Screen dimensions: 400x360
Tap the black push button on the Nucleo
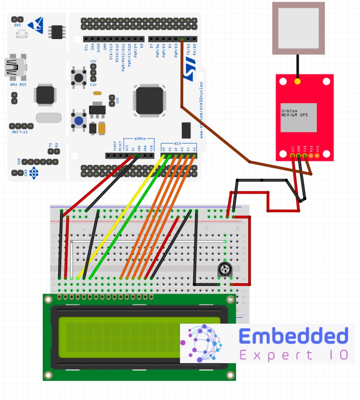click(x=79, y=77)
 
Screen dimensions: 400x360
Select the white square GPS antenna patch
click(x=298, y=28)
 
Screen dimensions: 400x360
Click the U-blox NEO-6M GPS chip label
click(x=298, y=117)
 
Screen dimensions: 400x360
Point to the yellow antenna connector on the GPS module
click(x=297, y=82)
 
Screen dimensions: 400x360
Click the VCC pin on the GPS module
click(x=293, y=155)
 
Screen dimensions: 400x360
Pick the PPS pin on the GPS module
click(x=317, y=155)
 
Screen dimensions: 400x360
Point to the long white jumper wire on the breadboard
click(x=147, y=241)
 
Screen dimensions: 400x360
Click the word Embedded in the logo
click(x=293, y=336)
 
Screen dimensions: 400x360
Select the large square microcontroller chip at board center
click(x=149, y=100)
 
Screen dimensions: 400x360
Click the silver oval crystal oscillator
click(x=49, y=118)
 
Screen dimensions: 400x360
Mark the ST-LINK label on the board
click(x=20, y=132)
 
